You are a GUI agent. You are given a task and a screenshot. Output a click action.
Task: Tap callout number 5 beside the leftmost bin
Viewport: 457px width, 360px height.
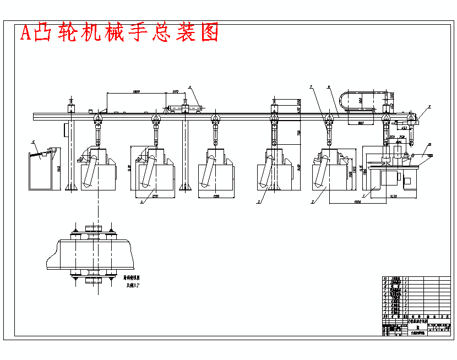click(33, 143)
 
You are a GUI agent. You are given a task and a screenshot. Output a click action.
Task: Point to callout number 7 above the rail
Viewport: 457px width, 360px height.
click(311, 87)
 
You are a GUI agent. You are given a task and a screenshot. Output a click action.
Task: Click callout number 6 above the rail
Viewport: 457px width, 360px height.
click(329, 87)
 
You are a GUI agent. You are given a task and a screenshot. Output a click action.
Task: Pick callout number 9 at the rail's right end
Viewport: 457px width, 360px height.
click(429, 106)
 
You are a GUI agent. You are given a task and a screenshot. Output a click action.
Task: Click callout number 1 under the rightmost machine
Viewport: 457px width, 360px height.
click(363, 195)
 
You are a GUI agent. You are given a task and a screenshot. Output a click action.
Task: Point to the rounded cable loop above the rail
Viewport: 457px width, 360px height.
click(363, 101)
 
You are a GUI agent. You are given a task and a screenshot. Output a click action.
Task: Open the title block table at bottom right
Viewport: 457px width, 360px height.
click(416, 306)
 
